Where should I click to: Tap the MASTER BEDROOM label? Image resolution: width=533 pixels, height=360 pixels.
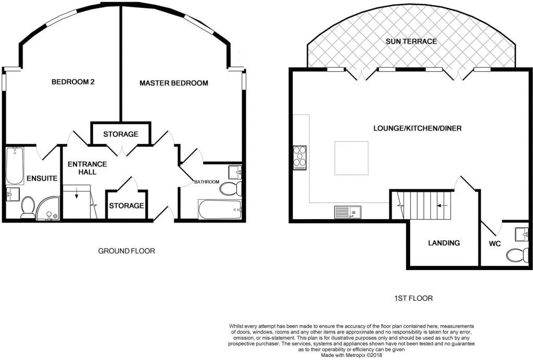[x=174, y=83]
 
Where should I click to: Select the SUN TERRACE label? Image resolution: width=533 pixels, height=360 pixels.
[x=411, y=41]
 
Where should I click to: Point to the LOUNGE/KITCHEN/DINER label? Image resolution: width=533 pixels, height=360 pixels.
[x=417, y=128]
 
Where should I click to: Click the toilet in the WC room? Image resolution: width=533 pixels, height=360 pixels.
[x=516, y=254]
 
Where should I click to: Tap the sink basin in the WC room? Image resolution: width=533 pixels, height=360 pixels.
[x=521, y=235]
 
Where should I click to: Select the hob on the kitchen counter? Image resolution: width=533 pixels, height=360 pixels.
[x=300, y=158]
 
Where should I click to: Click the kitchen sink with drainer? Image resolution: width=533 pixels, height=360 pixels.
[x=348, y=212]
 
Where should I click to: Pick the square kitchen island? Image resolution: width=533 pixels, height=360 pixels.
[x=351, y=158]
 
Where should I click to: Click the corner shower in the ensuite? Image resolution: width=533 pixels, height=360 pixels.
[x=48, y=209]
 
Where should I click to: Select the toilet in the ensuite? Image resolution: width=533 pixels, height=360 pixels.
[x=28, y=207]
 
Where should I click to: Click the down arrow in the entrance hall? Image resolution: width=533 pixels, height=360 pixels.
[x=76, y=195]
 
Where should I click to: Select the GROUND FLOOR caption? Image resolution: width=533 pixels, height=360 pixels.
[x=126, y=251]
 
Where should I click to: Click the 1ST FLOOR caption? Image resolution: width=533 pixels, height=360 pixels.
[x=414, y=299]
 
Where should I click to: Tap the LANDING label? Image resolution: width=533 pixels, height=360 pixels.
[x=444, y=243]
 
